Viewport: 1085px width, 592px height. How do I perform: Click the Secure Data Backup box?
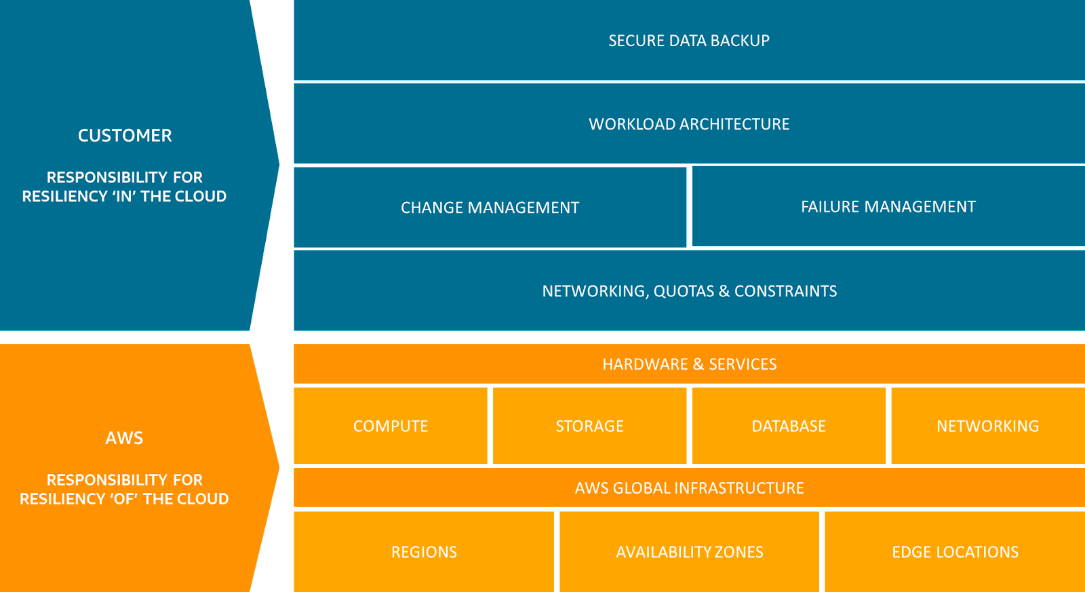689,41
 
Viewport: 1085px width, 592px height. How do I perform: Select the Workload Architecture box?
689,124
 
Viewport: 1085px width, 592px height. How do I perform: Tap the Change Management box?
490,208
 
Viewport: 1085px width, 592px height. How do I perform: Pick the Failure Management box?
888,207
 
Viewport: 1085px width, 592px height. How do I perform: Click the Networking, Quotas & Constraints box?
689,291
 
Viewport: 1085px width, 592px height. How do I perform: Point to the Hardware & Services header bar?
689,364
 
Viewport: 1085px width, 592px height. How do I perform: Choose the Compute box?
391,426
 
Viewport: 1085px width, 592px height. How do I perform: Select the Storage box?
589,426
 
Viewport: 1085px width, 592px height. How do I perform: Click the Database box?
789,426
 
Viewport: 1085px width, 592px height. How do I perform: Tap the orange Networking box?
987,426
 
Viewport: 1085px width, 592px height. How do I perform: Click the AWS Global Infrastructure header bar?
689,488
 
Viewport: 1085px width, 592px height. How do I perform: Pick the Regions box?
424,552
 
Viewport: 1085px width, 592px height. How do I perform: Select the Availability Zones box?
689,552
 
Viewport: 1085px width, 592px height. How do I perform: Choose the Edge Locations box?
955,552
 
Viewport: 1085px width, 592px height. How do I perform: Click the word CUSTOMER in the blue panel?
125,136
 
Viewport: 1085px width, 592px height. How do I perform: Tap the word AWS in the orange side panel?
124,438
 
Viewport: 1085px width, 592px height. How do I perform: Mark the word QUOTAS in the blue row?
684,292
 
